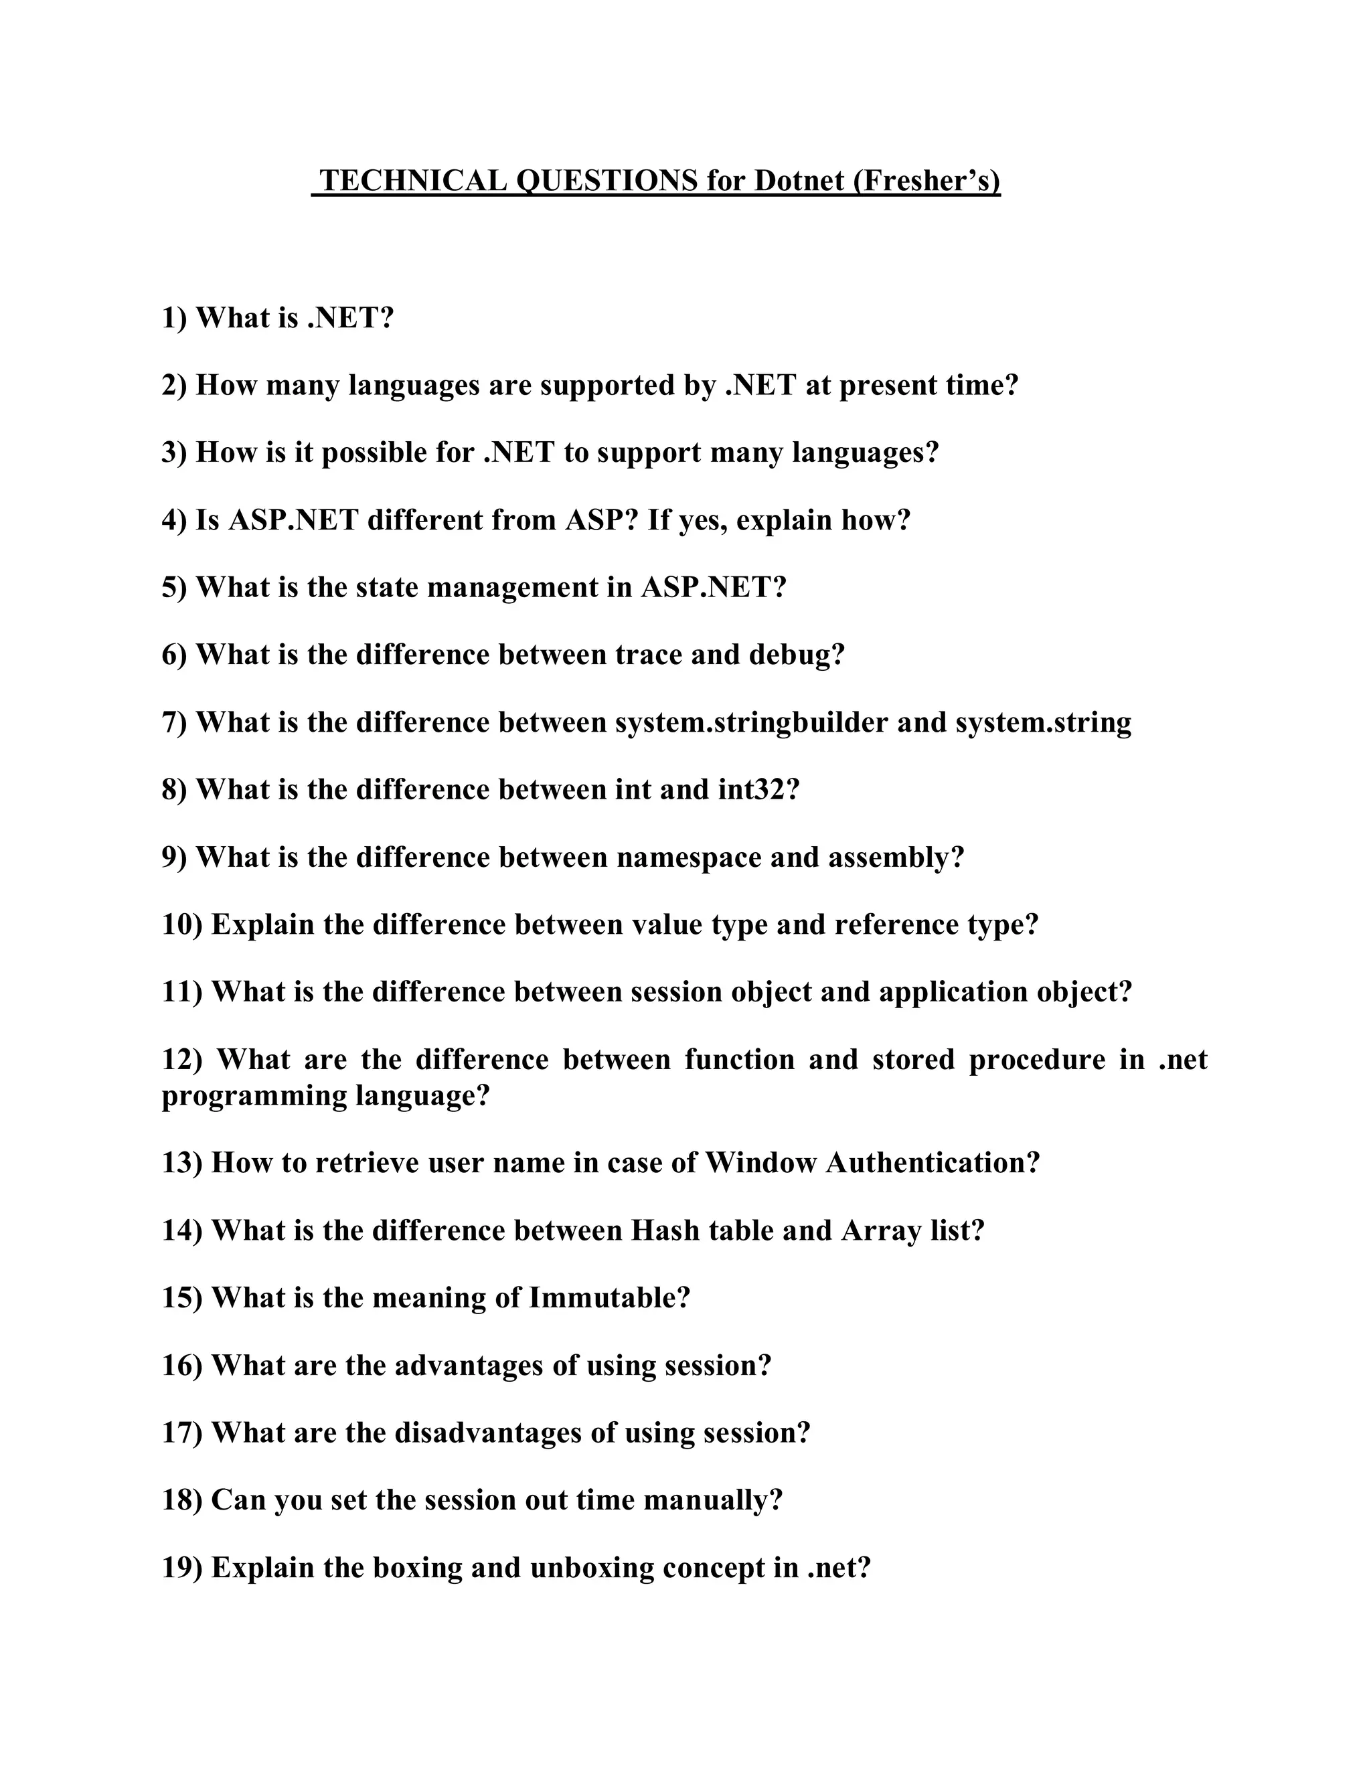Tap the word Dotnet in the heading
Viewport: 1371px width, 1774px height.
(x=799, y=180)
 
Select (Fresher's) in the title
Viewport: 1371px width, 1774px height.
(x=926, y=180)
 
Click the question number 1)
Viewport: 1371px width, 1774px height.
(x=175, y=317)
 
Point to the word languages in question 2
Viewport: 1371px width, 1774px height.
(x=414, y=385)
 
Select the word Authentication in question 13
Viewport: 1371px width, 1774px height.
(x=933, y=1163)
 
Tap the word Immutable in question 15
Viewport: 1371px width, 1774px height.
(x=609, y=1298)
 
